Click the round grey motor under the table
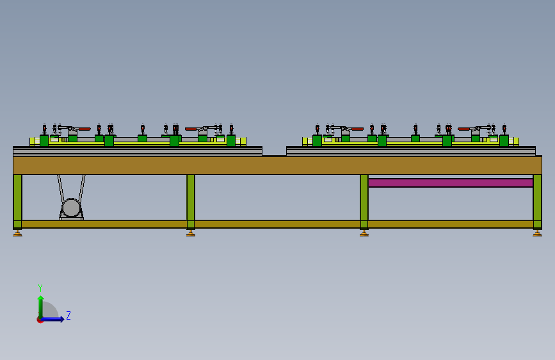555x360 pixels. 71,208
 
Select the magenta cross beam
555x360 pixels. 451,183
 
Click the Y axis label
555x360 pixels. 40,288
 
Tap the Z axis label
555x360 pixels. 68,315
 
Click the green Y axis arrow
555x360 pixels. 41,307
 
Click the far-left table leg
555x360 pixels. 18,201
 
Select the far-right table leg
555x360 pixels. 537,201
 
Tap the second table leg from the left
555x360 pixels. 191,201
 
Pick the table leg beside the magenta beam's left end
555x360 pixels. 364,201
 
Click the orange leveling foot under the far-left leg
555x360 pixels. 18,233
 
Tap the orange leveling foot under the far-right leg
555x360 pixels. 537,233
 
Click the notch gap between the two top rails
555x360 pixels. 275,151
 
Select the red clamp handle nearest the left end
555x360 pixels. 84,129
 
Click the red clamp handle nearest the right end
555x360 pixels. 464,129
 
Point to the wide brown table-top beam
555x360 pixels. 278,165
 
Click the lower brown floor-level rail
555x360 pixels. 278,224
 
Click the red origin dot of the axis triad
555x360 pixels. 40,320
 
